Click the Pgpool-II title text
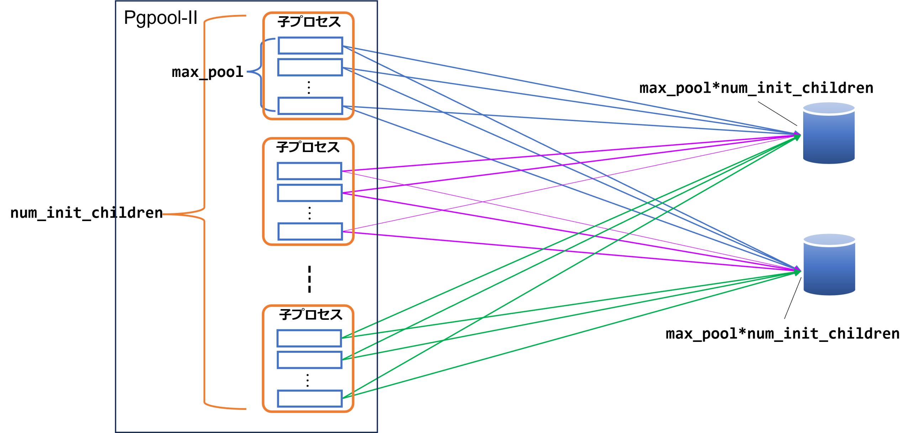(160, 18)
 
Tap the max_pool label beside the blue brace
(207, 72)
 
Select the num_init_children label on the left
(86, 213)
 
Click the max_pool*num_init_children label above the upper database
(756, 88)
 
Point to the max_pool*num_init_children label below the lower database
(783, 334)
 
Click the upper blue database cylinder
(829, 133)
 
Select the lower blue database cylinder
(829, 264)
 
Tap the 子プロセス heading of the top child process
(309, 22)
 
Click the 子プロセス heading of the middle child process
(308, 147)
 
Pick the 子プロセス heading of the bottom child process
(311, 314)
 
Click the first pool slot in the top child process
(310, 46)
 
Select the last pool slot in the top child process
(310, 106)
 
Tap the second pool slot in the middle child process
(310, 193)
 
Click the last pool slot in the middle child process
(310, 231)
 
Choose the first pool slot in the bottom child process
(309, 338)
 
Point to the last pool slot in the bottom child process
(310, 398)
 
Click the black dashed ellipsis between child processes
(310, 279)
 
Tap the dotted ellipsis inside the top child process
(309, 87)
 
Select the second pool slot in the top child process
(310, 67)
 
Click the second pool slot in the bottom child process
(309, 360)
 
